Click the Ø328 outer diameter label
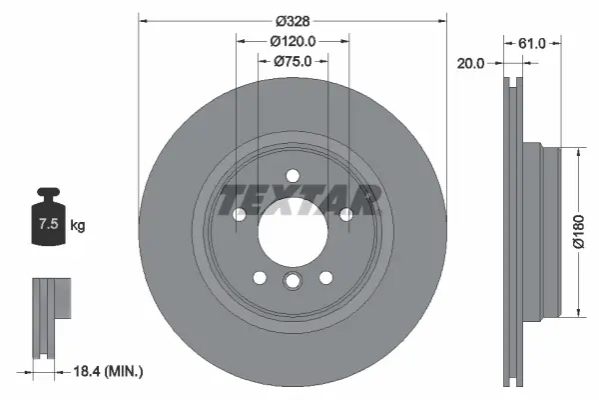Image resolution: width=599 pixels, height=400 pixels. (x=293, y=21)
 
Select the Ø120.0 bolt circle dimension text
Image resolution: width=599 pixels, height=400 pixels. (x=293, y=41)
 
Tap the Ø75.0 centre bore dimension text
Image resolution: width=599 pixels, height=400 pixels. (x=293, y=61)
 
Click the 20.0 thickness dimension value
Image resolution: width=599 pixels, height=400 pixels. (x=471, y=63)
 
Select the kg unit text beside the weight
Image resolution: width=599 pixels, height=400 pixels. (x=78, y=226)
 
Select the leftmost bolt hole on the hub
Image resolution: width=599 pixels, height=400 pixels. (x=239, y=215)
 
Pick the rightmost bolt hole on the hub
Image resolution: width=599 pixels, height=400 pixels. (x=345, y=215)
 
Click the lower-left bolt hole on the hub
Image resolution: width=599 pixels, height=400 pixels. (x=259, y=277)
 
